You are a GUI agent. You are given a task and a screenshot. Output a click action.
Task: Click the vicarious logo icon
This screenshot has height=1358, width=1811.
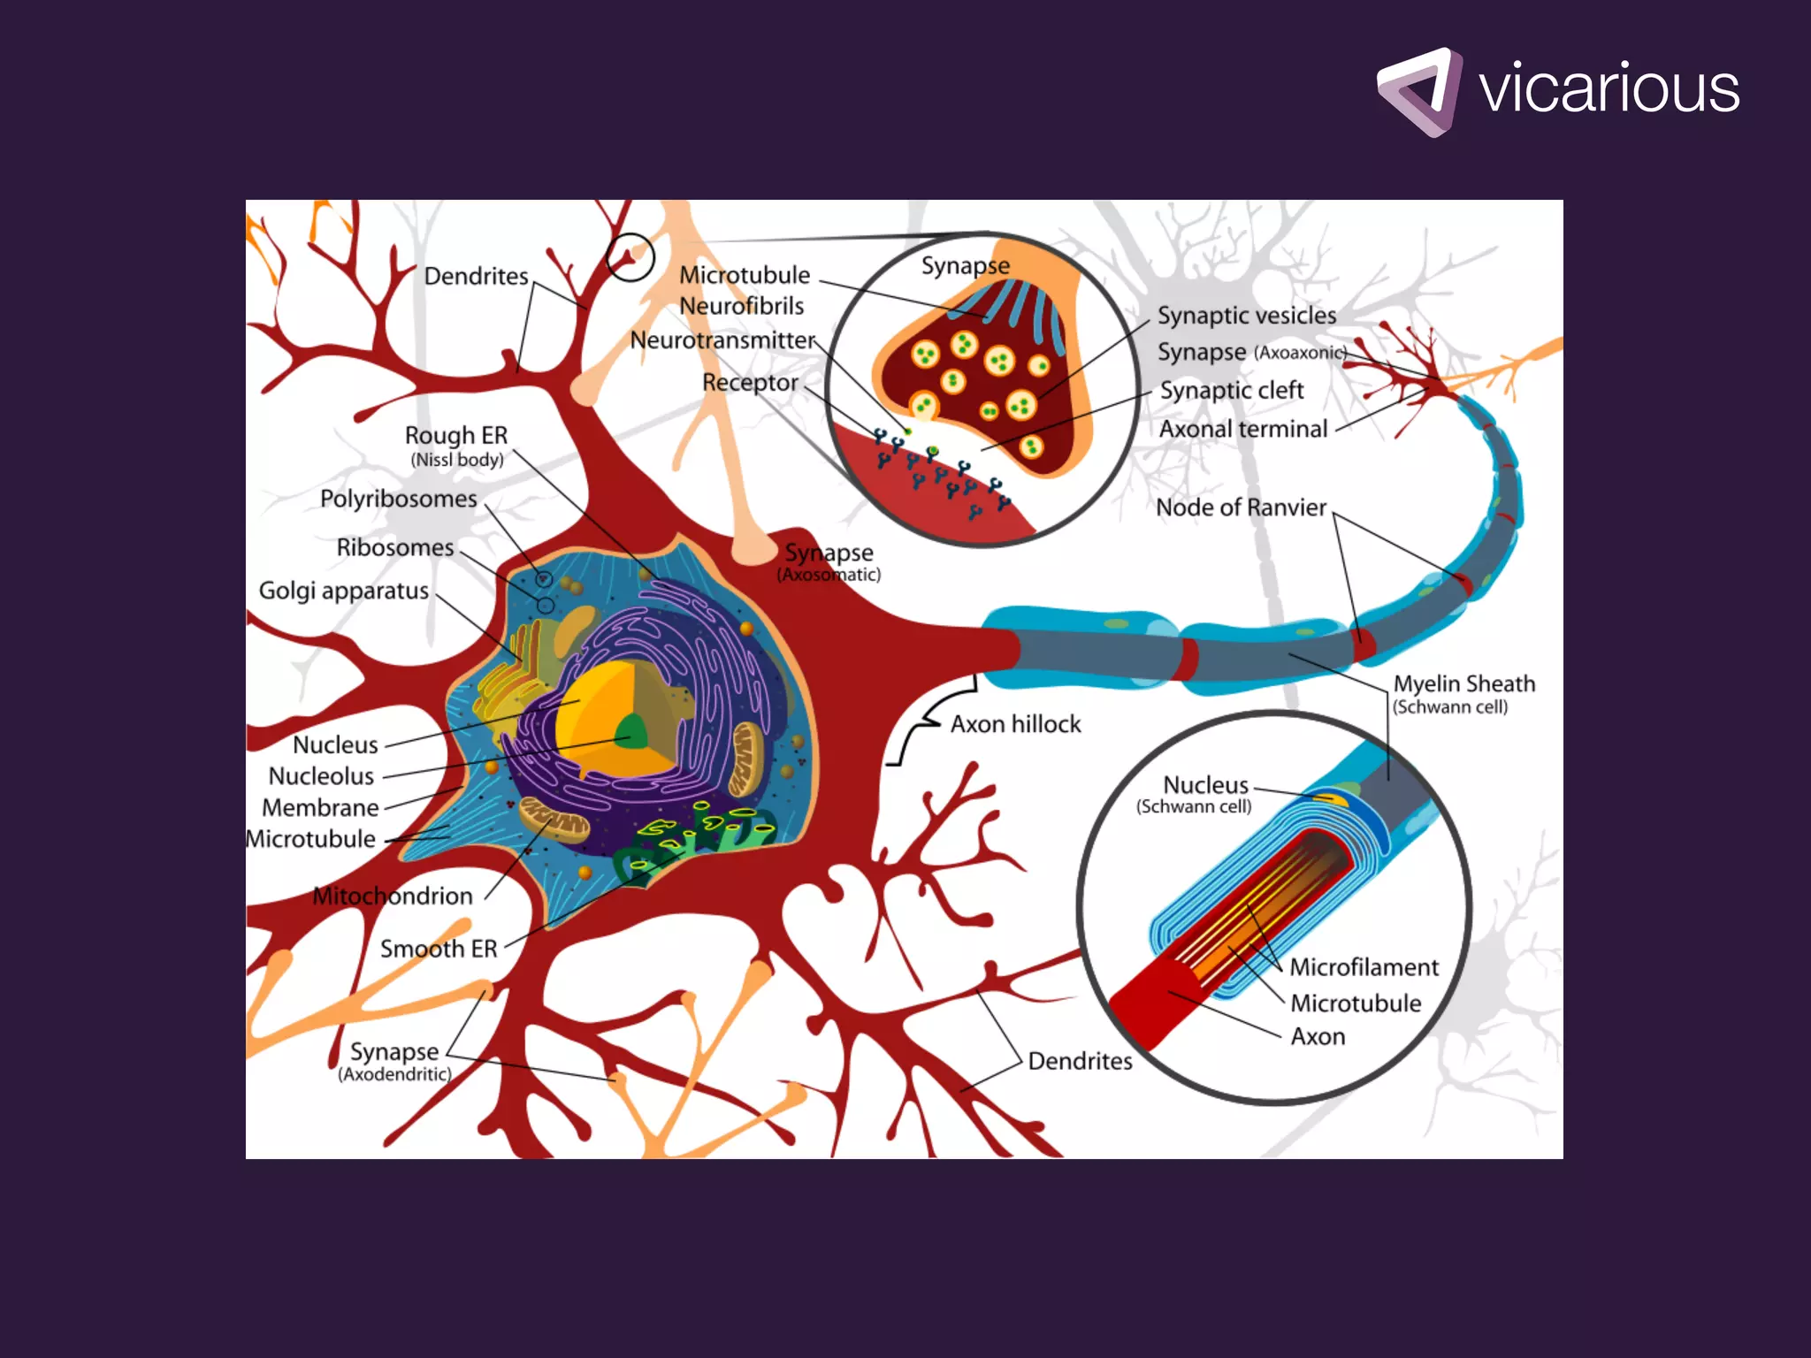coord(1418,92)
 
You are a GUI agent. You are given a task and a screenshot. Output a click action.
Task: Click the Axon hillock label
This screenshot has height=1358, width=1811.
coord(1015,724)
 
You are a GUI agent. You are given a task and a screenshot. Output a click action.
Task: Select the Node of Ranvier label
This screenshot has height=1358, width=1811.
coord(1241,507)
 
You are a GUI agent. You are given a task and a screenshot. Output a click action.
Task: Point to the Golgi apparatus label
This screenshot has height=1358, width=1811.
coord(343,591)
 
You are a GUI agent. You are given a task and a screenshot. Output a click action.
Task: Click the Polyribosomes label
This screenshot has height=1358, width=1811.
coord(398,499)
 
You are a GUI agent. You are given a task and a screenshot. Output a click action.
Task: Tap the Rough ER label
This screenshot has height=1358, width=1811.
coord(456,435)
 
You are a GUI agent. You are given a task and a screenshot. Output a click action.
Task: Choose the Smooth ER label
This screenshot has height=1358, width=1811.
coord(439,949)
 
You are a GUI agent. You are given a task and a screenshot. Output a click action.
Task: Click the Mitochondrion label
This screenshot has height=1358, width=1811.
coord(393,896)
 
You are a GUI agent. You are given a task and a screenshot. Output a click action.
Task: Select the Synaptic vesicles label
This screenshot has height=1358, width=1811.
coord(1247,316)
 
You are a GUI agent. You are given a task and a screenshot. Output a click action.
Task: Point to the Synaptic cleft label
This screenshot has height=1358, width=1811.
coord(1232,390)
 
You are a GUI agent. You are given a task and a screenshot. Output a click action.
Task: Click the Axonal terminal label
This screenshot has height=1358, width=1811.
coord(1243,429)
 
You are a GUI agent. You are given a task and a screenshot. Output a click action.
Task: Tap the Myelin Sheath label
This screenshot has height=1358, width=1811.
coord(1464,683)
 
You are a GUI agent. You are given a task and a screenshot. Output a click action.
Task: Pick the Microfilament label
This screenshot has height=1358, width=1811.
coord(1364,967)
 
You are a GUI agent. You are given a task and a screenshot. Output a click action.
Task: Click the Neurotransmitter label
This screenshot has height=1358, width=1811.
coord(722,340)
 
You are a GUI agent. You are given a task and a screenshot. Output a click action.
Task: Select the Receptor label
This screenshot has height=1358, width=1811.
coord(750,383)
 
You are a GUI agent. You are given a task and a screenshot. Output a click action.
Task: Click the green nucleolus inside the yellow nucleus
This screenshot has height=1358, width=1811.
coord(631,732)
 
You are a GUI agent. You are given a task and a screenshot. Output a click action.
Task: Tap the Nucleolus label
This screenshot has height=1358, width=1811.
coord(321,776)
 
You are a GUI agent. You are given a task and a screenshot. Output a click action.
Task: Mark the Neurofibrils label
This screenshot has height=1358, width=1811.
coord(741,306)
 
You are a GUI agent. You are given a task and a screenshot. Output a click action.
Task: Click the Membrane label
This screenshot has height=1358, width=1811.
coord(320,807)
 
